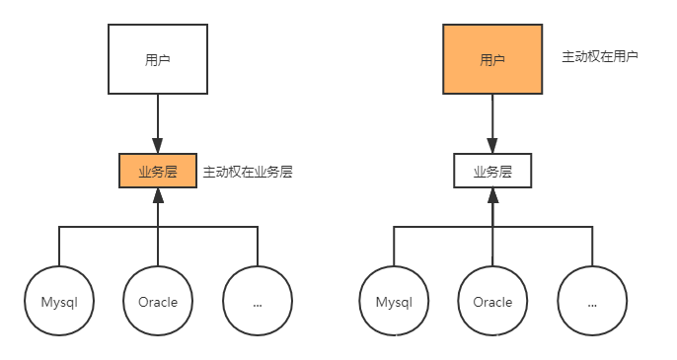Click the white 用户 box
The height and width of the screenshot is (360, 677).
coord(158,60)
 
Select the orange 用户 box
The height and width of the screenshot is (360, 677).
coord(492,60)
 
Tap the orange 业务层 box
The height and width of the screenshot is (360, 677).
coord(158,172)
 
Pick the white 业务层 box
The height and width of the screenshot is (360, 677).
coord(492,172)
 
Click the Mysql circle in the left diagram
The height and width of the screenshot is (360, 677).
coord(59,302)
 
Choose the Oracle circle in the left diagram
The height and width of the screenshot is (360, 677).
coord(158,302)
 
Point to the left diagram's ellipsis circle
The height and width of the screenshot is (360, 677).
coord(257,302)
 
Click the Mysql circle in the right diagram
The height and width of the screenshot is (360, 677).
coord(395,302)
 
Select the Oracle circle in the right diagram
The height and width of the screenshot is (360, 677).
coord(492,302)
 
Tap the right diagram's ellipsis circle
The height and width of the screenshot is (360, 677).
coord(592,302)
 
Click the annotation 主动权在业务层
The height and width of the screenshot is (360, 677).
coord(248,172)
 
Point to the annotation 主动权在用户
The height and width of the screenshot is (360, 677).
coord(600,57)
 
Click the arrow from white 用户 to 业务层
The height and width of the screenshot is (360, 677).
coord(158,123)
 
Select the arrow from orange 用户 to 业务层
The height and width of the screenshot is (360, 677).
coord(492,123)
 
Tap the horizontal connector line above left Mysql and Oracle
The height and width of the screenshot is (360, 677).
coord(109,227)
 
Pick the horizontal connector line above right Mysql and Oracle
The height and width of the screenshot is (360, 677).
coord(444,227)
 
